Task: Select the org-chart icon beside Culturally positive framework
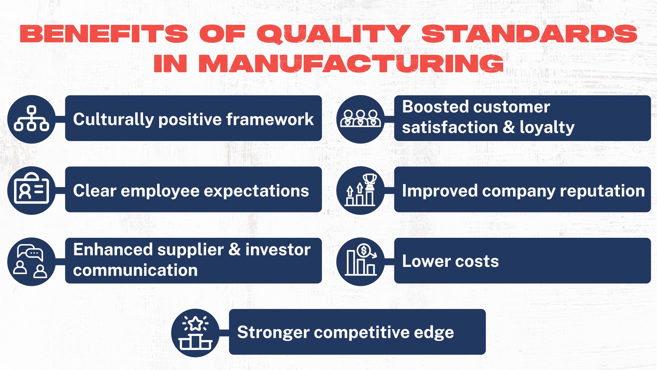coord(32,119)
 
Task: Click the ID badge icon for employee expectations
coord(32,190)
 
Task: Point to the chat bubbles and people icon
coord(31,261)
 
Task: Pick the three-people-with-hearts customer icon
coord(361,118)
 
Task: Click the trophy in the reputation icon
coord(370,181)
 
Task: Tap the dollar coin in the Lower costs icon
coord(363,251)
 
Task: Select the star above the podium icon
coord(196,324)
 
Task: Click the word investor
coord(278,249)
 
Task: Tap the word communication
coord(135,270)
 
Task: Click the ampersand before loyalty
coord(509,127)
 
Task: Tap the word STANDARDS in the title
coord(529,34)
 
